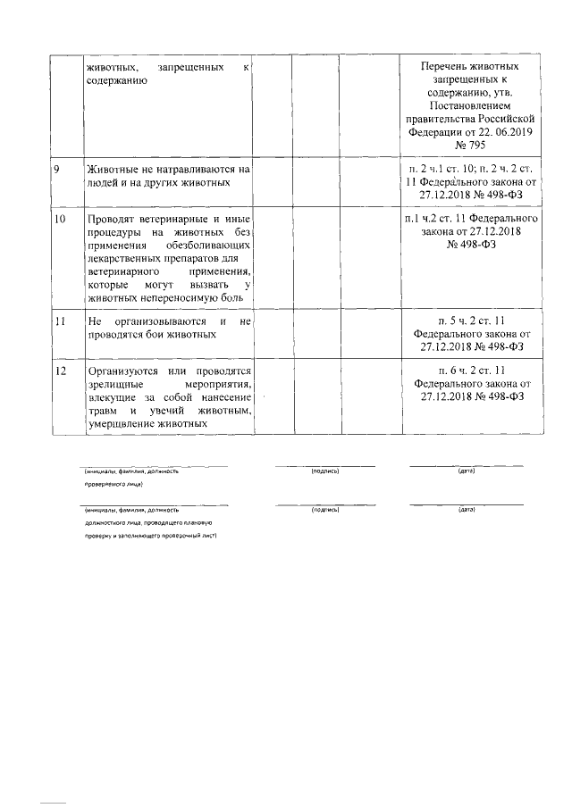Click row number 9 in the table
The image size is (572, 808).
pyautogui.click(x=56, y=169)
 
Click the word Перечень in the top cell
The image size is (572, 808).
pyautogui.click(x=448, y=67)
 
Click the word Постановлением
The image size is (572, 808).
pyautogui.click(x=470, y=104)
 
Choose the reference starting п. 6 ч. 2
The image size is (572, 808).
pyautogui.click(x=470, y=371)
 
